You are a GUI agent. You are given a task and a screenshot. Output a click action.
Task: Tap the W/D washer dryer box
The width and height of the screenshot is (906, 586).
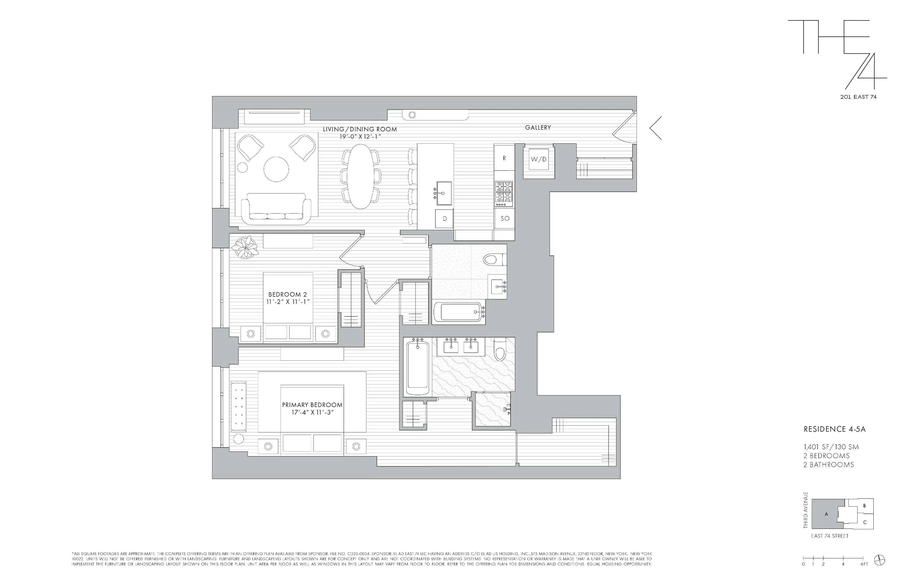pyautogui.click(x=538, y=160)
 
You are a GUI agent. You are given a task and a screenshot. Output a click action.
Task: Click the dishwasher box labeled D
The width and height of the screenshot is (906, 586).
pyautogui.click(x=444, y=219)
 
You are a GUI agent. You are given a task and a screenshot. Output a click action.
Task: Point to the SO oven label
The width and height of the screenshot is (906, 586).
pyautogui.click(x=505, y=218)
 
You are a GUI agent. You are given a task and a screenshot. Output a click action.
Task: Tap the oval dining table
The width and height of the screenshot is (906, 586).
pyautogui.click(x=360, y=176)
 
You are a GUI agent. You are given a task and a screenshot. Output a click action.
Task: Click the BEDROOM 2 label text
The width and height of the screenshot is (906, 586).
pyautogui.click(x=288, y=294)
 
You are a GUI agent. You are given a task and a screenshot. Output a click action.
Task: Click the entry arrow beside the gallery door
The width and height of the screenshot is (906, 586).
pyautogui.click(x=656, y=128)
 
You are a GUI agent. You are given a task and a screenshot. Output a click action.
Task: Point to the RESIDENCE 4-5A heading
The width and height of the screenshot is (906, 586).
pyautogui.click(x=834, y=429)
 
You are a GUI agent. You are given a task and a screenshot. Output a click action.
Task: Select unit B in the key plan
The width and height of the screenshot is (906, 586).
pyautogui.click(x=864, y=506)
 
